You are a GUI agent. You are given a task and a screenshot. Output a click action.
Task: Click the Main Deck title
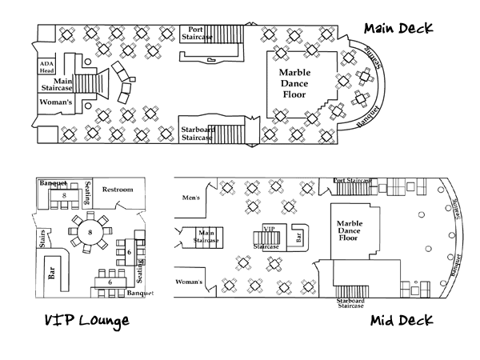coord(398,28)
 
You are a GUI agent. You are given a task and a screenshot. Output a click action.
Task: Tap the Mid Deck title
coord(402,321)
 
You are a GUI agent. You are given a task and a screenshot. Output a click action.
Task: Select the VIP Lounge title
coord(75,322)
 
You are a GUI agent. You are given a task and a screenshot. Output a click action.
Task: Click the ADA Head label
coord(47,66)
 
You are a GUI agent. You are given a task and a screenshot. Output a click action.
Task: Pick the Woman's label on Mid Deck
coord(190,282)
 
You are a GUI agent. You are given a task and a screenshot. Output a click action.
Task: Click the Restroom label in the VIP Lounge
coord(118,190)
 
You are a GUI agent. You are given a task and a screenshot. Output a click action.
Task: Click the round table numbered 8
coord(90,232)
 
